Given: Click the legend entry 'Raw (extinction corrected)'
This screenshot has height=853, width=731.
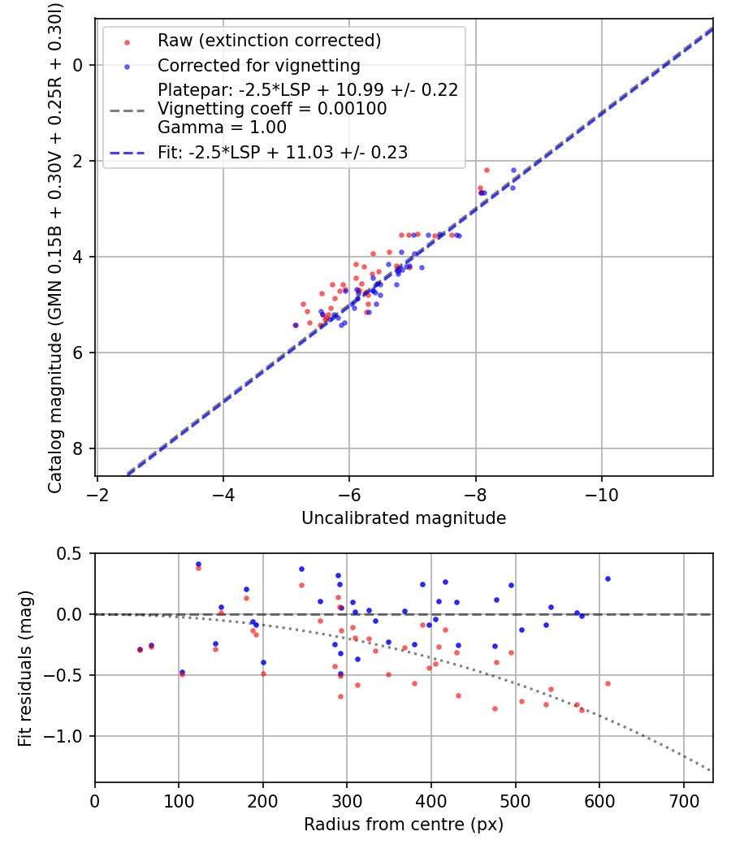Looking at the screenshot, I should click(269, 41).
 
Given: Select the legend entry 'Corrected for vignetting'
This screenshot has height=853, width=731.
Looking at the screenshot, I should click(258, 65).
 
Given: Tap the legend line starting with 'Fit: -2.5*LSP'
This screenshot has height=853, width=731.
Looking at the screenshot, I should click(283, 152).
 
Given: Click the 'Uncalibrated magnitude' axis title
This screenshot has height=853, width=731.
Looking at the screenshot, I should click(404, 518).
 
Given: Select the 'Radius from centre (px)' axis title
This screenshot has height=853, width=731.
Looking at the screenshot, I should click(404, 825).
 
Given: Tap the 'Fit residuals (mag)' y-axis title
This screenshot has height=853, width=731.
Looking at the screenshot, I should click(25, 668).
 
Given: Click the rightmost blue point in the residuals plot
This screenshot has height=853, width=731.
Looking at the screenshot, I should click(608, 578).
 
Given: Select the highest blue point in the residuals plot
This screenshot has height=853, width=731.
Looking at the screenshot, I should click(198, 564).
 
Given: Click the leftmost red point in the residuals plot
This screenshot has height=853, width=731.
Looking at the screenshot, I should click(140, 650).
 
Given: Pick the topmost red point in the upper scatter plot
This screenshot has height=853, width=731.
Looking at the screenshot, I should click(487, 170).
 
